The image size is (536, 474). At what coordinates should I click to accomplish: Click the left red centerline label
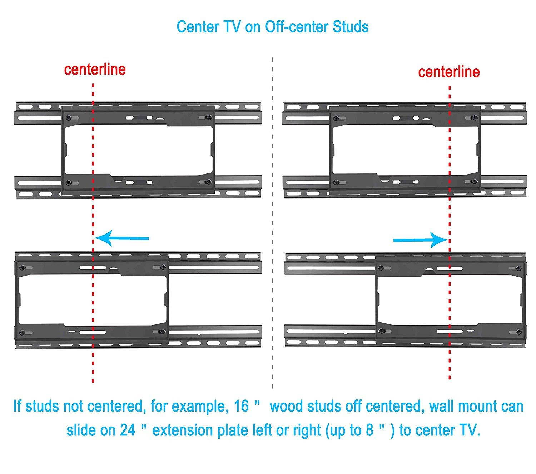coord(95,70)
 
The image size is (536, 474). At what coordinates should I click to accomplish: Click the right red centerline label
coord(449,72)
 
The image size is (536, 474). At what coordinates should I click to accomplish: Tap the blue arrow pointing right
coord(420,240)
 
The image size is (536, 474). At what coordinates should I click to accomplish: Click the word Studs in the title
coord(351,27)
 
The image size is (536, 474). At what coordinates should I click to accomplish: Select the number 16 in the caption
coord(242,407)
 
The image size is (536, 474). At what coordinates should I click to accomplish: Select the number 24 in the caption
coord(128,430)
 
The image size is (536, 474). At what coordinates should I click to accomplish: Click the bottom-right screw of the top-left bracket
coord(207,182)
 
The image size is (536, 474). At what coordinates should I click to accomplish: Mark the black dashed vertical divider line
coord(272,221)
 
